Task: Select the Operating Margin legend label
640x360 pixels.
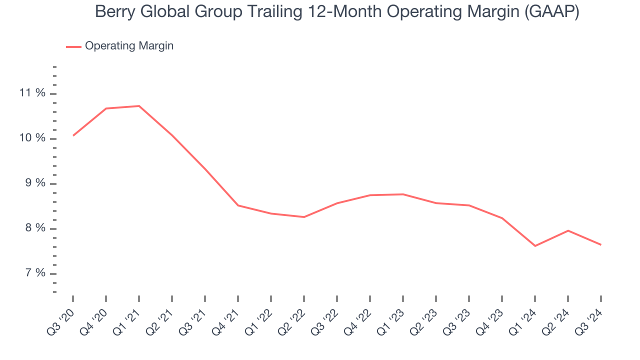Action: coord(129,46)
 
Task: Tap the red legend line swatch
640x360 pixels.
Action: coord(73,46)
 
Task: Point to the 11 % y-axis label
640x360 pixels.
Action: coord(32,93)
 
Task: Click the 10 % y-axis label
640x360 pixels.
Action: coord(32,138)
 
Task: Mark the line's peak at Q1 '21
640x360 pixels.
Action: coord(139,106)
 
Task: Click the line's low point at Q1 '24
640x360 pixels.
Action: coord(535,246)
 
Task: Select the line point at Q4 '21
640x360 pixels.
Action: coord(238,205)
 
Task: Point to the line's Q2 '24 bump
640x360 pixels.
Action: coord(568,230)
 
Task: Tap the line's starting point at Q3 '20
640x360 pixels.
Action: coord(73,135)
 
